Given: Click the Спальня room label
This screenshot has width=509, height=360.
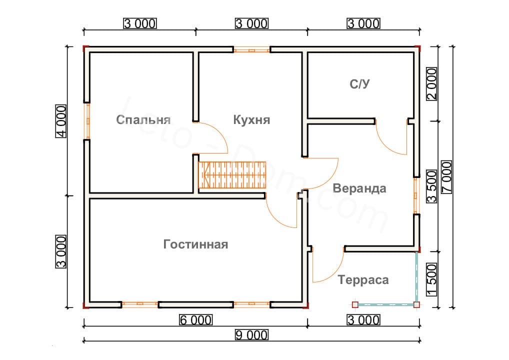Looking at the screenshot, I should pyautogui.click(x=143, y=120).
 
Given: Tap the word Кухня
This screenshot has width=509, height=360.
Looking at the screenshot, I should pyautogui.click(x=251, y=120).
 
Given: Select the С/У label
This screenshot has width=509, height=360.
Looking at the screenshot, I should pyautogui.click(x=359, y=83).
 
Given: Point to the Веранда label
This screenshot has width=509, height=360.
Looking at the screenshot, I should pyautogui.click(x=359, y=188).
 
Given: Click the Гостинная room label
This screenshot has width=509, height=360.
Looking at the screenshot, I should pyautogui.click(x=195, y=244).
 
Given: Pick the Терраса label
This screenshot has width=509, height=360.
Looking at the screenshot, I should pyautogui.click(x=363, y=279).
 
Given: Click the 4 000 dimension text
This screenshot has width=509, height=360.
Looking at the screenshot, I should pyautogui.click(x=61, y=121).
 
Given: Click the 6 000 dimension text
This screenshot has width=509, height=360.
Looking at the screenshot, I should pyautogui.click(x=195, y=319).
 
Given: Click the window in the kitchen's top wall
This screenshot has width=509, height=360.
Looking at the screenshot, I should pyautogui.click(x=251, y=50).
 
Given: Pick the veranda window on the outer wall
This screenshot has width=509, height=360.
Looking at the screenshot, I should pyautogui.click(x=415, y=196).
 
